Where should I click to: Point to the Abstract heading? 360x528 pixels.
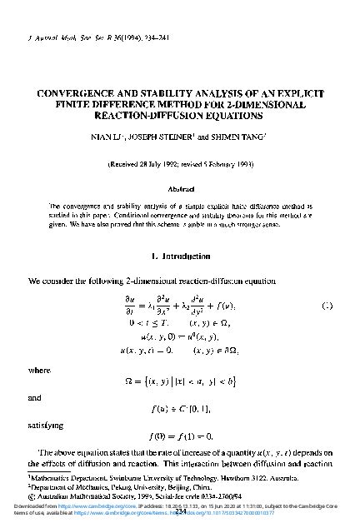(179, 188)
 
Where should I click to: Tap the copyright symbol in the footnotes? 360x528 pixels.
(31, 493)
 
